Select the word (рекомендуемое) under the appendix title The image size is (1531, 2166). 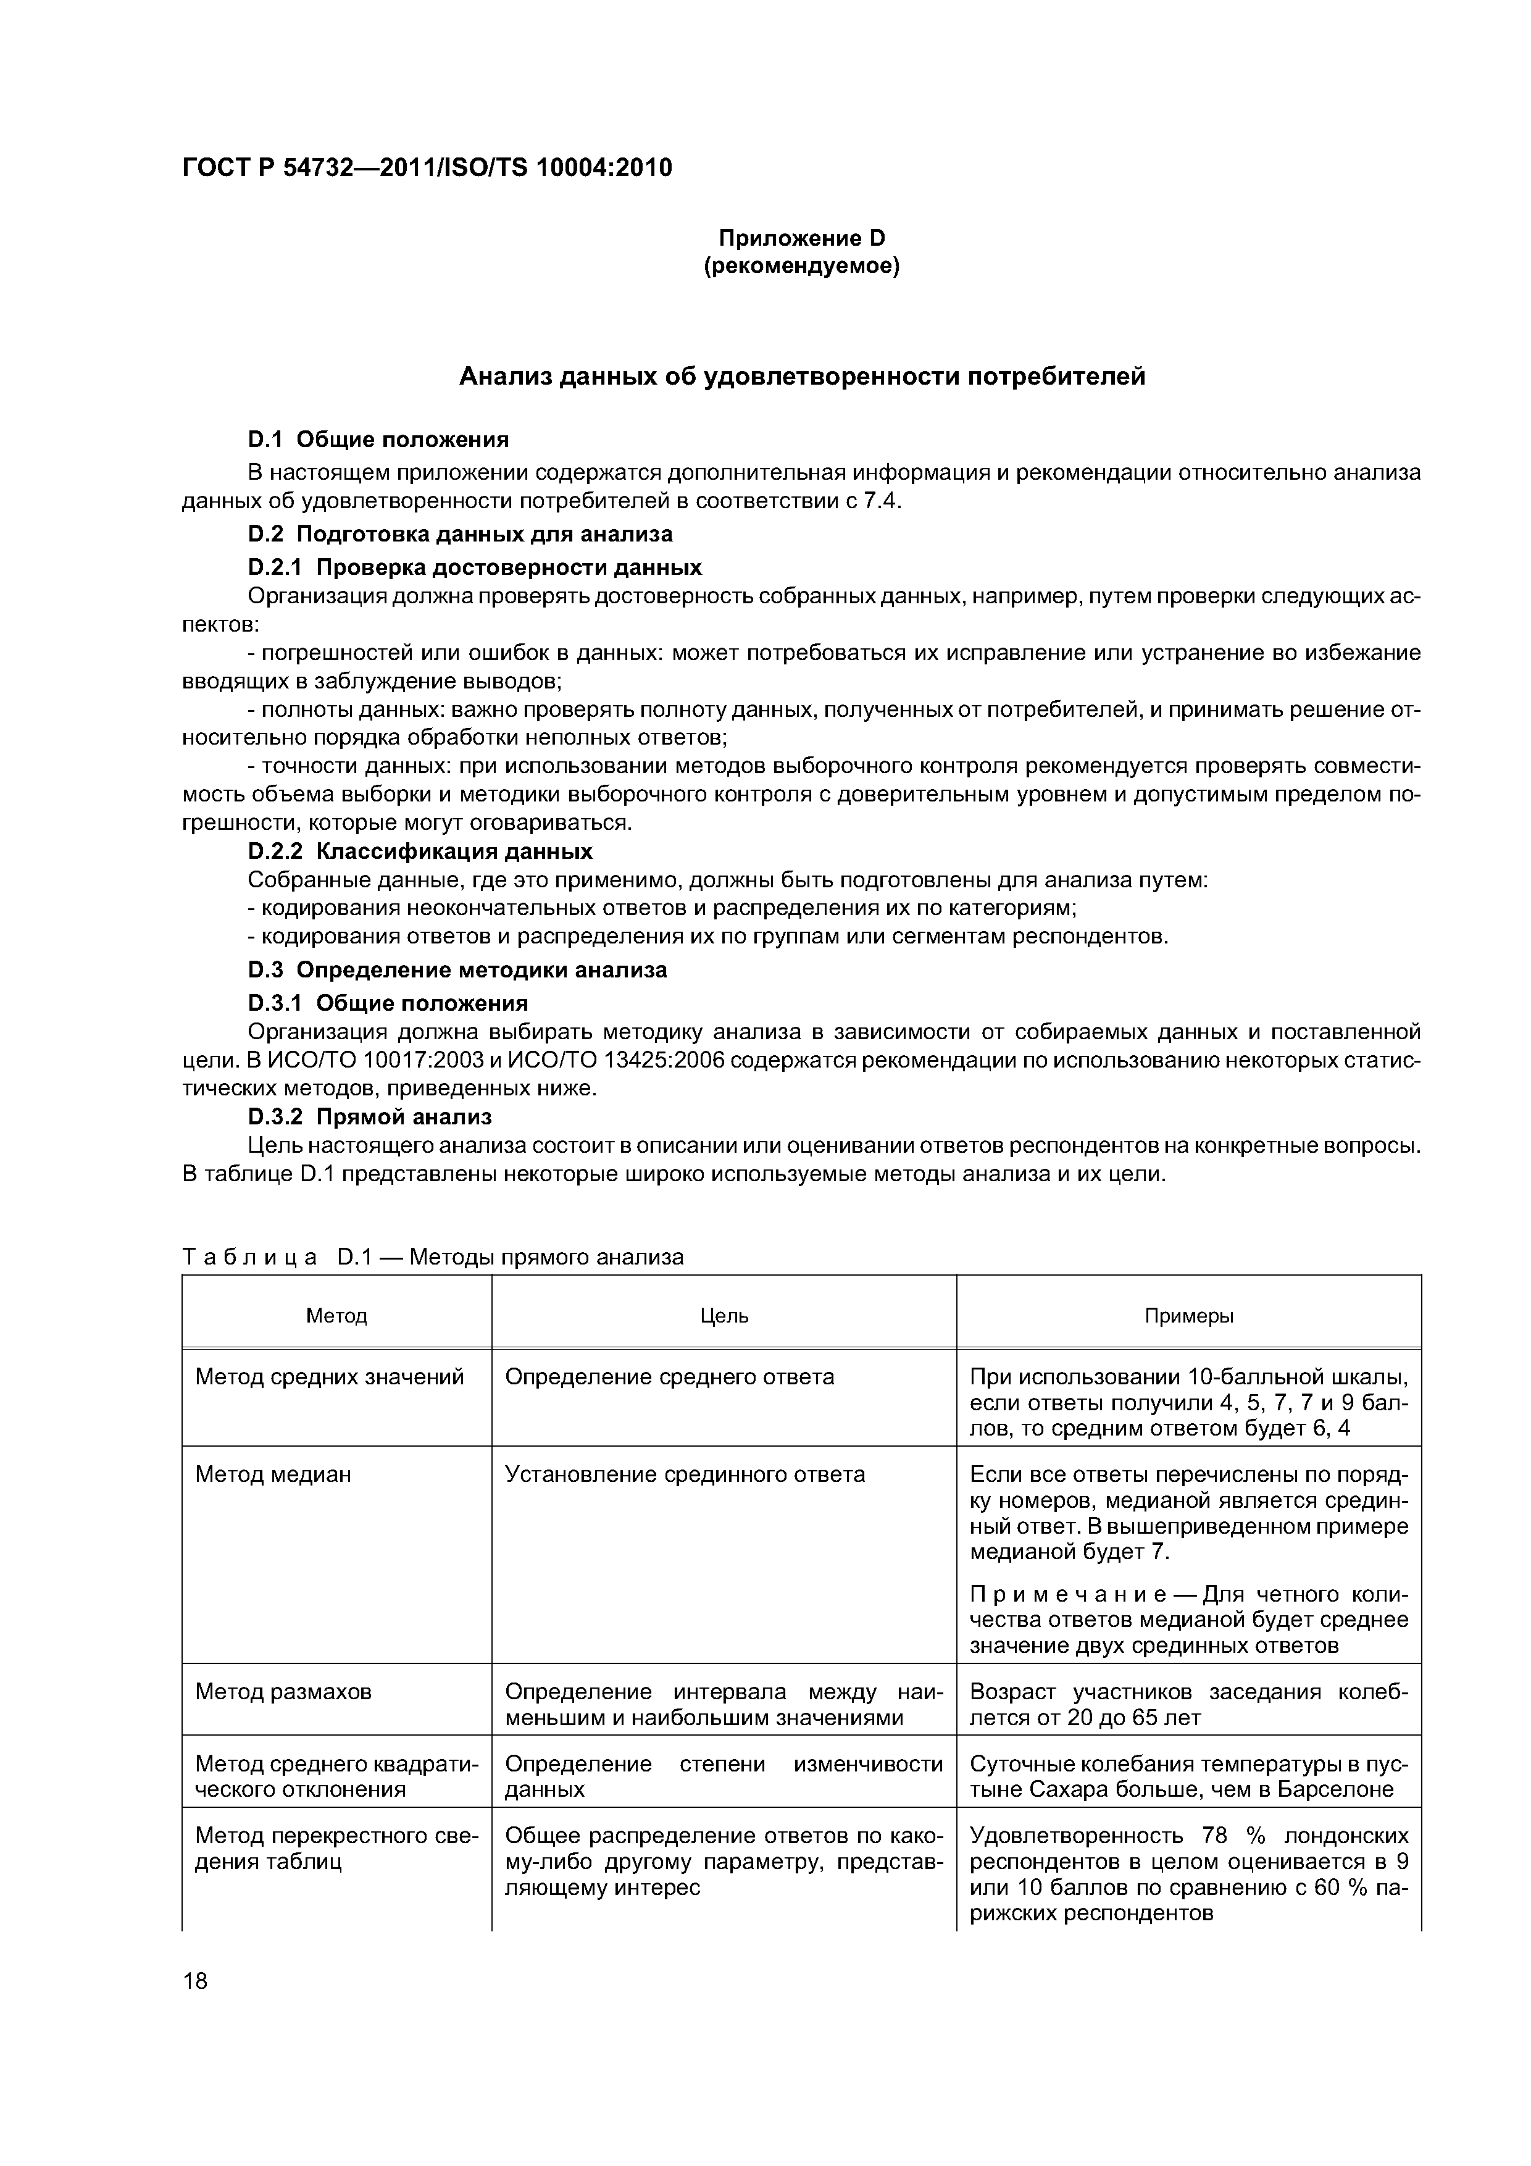point(802,267)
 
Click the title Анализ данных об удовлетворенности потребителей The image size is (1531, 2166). point(802,377)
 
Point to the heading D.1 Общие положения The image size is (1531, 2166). point(377,440)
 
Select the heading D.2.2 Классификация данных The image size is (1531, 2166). point(420,851)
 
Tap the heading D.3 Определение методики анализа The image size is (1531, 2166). point(457,970)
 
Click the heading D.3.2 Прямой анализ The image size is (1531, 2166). point(369,1117)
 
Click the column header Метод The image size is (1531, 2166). point(337,1315)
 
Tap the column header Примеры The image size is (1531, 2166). point(1188,1315)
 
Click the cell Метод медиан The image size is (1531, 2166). point(273,1474)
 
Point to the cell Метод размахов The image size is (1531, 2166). point(283,1691)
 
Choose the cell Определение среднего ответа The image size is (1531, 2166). point(670,1376)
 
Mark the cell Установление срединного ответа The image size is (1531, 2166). point(685,1474)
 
